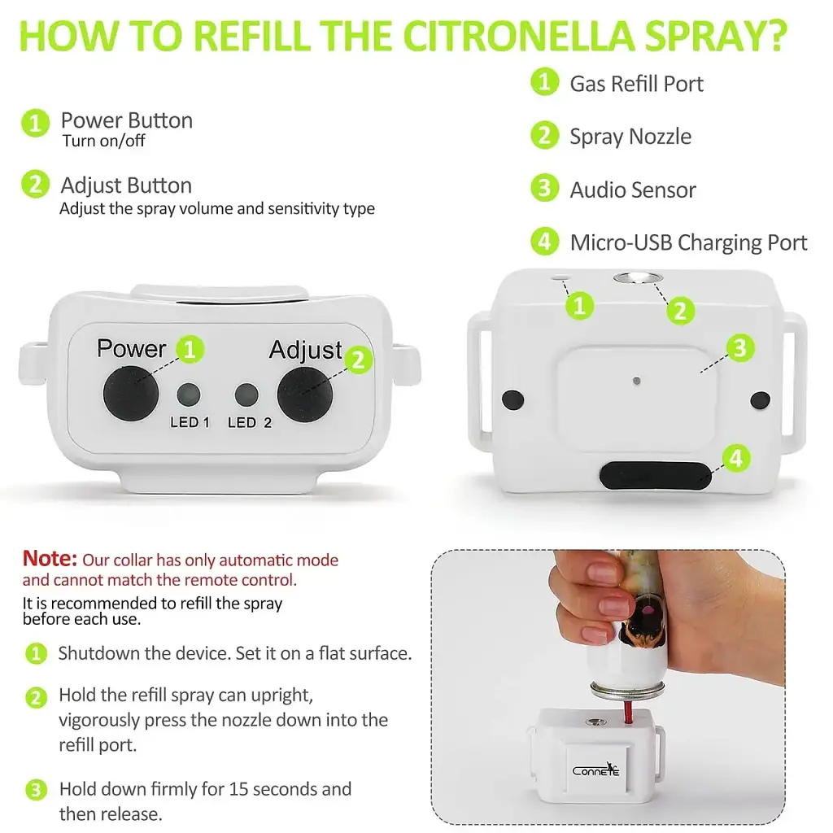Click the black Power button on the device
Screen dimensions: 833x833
131,394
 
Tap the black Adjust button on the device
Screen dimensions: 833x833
305,395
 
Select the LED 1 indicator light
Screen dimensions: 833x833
189,395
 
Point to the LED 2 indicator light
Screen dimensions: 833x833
246,395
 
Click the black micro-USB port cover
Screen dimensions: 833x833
656,474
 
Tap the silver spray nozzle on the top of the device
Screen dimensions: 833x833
638,278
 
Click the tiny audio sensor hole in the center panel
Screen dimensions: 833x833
636,381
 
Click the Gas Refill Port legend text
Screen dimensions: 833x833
636,84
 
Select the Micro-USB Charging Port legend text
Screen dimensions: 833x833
688,242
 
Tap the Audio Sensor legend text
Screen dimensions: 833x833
633,190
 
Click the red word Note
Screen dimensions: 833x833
50,558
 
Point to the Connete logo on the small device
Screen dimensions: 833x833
596,770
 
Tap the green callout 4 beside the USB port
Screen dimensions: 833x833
736,458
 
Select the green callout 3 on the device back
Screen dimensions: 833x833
740,348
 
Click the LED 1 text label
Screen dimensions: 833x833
190,422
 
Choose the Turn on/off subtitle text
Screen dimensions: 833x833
103,141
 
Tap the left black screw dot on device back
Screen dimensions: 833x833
512,399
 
